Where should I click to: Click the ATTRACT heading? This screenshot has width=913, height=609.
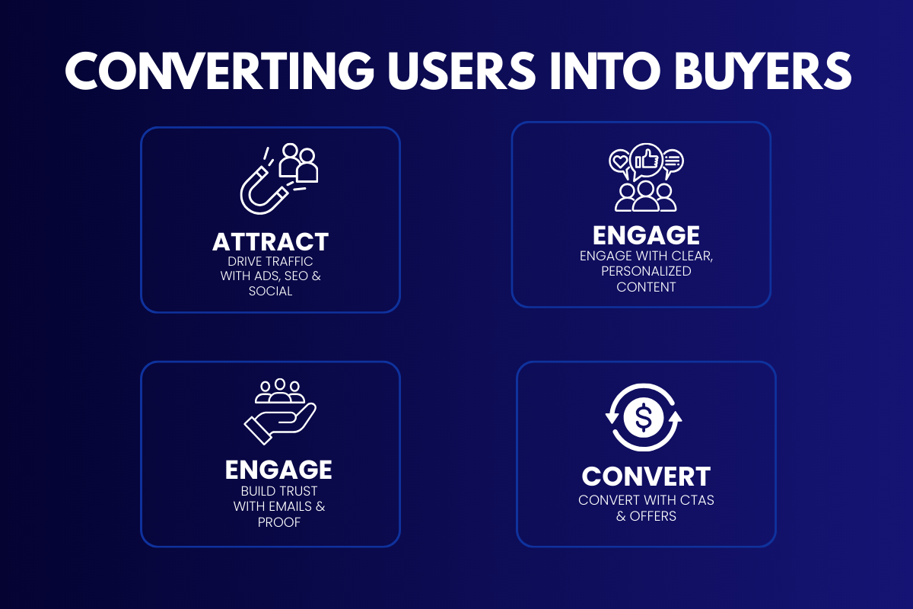pyautogui.click(x=270, y=242)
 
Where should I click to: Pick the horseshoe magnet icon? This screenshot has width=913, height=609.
pyautogui.click(x=263, y=187)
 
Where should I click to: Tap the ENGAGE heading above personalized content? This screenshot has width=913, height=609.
pyautogui.click(x=645, y=235)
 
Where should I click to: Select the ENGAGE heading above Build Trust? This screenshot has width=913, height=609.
pyautogui.click(x=278, y=470)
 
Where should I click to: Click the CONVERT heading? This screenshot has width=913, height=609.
pyautogui.click(x=646, y=477)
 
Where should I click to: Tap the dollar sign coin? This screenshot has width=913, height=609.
pyautogui.click(x=644, y=417)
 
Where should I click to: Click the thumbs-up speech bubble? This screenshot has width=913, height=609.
pyautogui.click(x=646, y=159)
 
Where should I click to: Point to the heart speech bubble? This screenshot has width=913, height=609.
pyautogui.click(x=620, y=161)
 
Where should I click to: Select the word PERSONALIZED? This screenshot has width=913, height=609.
pyautogui.click(x=645, y=271)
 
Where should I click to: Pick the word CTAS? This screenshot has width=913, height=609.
pyautogui.click(x=695, y=500)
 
